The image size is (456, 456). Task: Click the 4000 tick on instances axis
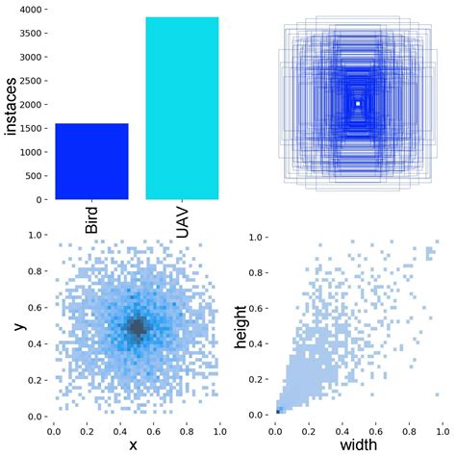tap(33, 10)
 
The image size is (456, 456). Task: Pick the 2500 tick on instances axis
tap(33, 81)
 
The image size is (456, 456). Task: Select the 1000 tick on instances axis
tap(33, 152)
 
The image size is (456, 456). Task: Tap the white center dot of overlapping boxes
tap(358, 103)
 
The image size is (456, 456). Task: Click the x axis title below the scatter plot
tap(134, 445)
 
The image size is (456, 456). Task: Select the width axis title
tap(357, 445)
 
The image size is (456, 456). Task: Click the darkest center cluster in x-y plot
tap(137, 327)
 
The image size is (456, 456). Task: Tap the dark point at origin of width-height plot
tap(278, 411)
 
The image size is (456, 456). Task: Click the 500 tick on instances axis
tap(36, 176)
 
